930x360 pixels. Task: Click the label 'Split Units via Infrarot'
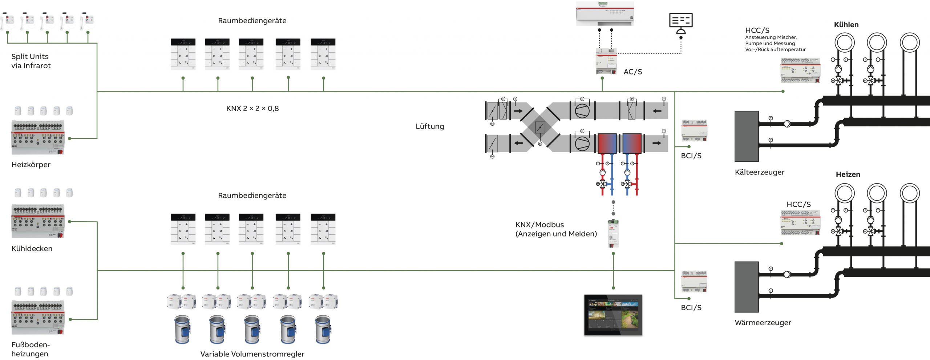pyautogui.click(x=31, y=61)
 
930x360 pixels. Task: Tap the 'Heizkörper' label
pyautogui.click(x=31, y=165)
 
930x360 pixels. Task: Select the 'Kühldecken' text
pyautogui.click(x=32, y=248)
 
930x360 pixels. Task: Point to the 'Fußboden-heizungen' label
pyautogui.click(x=31, y=349)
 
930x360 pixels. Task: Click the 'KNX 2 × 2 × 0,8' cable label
pyautogui.click(x=252, y=108)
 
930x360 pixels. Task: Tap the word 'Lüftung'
pyautogui.click(x=430, y=126)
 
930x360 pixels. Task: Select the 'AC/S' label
pyautogui.click(x=632, y=72)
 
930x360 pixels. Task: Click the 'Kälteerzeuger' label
pyautogui.click(x=759, y=172)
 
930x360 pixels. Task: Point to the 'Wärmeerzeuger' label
pyautogui.click(x=763, y=323)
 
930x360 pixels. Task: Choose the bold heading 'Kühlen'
pyautogui.click(x=846, y=25)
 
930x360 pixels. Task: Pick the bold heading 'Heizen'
pyautogui.click(x=848, y=174)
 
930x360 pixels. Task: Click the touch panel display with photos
pyautogui.click(x=613, y=315)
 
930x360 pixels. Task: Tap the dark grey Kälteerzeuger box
pyautogui.click(x=747, y=136)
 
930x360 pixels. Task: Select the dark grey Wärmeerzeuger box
pyautogui.click(x=747, y=287)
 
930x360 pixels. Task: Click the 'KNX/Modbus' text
pyautogui.click(x=539, y=225)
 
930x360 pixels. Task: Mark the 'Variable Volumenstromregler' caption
pyautogui.click(x=252, y=354)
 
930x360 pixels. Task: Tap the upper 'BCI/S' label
pyautogui.click(x=691, y=156)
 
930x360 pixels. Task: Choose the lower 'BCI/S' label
pyautogui.click(x=691, y=308)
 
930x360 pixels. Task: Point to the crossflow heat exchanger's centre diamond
pyautogui.click(x=540, y=128)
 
